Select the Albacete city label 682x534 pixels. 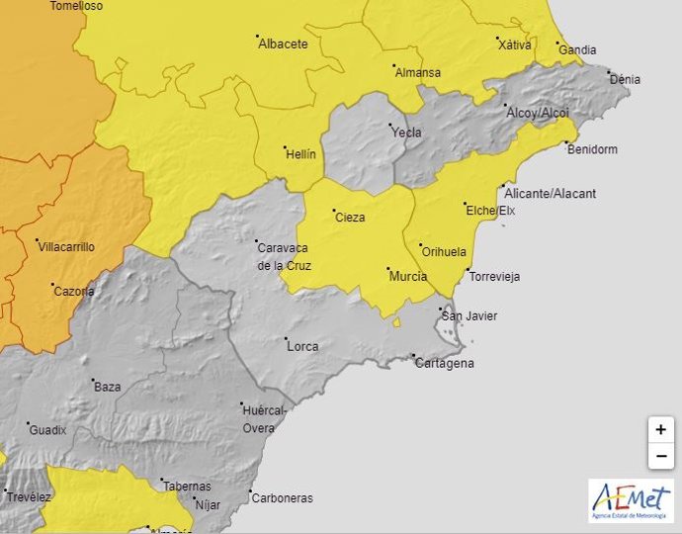pos(283,44)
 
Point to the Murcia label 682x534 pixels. pos(407,276)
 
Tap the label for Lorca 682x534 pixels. pos(301,346)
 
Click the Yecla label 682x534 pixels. pos(405,133)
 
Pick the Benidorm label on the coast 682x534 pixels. pos(591,149)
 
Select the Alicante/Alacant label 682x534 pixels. pos(550,194)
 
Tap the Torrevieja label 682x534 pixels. pos(493,277)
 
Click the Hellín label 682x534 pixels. pos(300,154)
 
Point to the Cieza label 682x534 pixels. pos(349,218)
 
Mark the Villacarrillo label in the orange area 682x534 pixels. pos(66,246)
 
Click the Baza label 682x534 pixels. pos(107,387)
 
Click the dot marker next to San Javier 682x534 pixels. pos(441,310)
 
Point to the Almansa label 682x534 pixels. pos(417,72)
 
